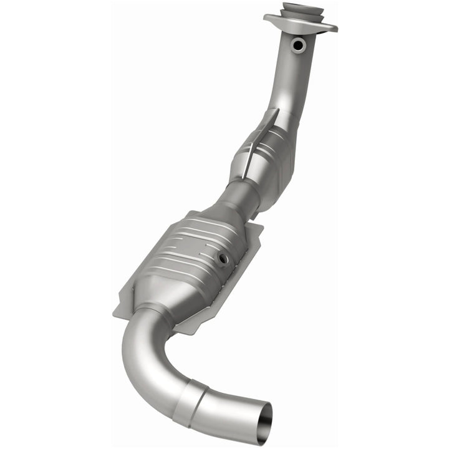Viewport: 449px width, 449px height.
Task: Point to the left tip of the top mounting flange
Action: pyautogui.click(x=266, y=18)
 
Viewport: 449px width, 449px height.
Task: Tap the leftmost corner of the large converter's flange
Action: pyautogui.click(x=115, y=311)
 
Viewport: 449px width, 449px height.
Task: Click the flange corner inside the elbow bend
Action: pyautogui.click(x=181, y=327)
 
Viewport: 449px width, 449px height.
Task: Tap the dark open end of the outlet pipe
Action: pyautogui.click(x=265, y=430)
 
